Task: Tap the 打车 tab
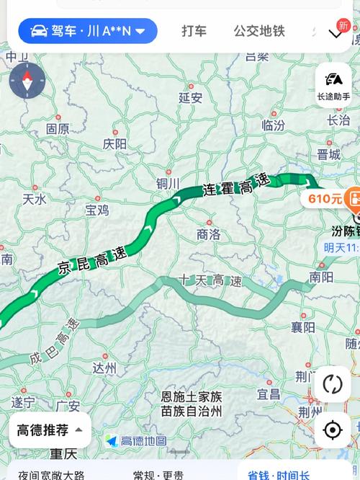194,31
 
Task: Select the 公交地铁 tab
259,31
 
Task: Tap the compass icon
27,79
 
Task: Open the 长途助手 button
333,85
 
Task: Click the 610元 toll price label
325,198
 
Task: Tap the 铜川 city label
168,183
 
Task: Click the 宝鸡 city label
97,210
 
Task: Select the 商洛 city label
208,234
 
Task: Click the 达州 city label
104,368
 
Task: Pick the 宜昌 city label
269,394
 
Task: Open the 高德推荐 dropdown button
50,430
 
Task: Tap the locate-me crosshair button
333,430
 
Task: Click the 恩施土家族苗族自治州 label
192,404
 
